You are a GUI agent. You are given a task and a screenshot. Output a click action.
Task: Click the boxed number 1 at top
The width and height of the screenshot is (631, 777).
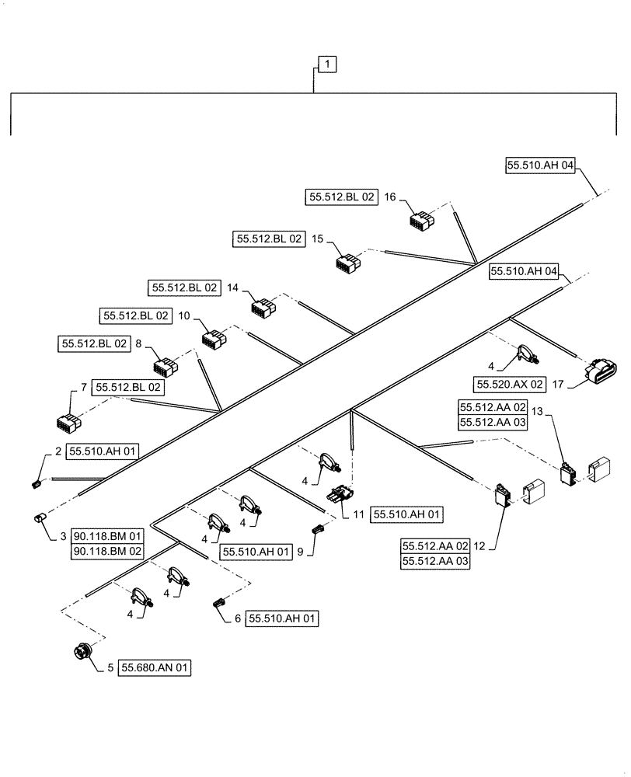click(x=327, y=65)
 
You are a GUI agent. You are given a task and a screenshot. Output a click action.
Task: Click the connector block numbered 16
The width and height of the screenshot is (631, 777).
click(x=423, y=221)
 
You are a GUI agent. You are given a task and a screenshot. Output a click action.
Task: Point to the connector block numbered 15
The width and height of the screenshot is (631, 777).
click(x=347, y=262)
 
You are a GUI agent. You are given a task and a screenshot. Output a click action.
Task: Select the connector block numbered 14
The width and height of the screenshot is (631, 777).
click(x=263, y=308)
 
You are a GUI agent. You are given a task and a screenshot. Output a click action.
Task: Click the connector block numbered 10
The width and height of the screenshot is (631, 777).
click(x=213, y=339)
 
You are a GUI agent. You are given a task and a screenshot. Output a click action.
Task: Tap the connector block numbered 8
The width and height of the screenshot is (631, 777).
click(x=166, y=367)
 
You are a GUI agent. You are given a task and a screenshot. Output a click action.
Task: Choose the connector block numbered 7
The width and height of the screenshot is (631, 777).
click(x=68, y=422)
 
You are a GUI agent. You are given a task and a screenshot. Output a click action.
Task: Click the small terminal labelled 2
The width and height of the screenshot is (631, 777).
click(x=35, y=484)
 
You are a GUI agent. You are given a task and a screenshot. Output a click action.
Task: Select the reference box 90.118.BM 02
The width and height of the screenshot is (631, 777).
click(x=108, y=551)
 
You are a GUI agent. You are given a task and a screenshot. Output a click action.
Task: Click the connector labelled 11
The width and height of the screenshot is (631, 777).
click(x=340, y=493)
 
